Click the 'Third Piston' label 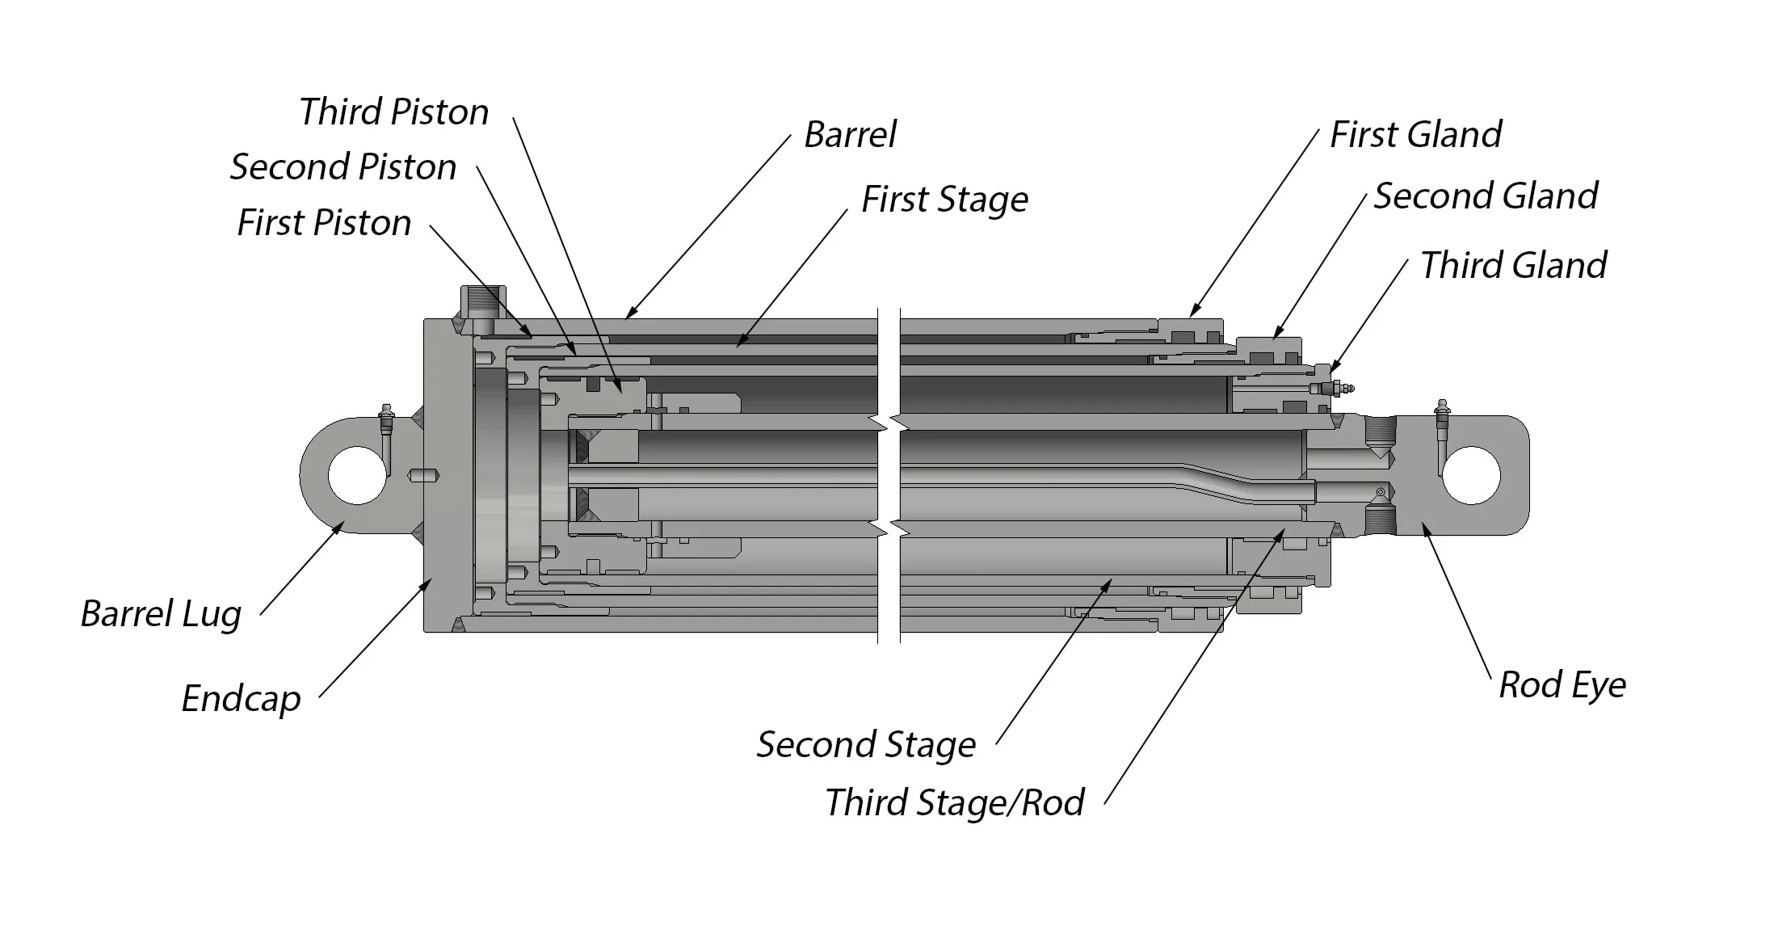click(x=393, y=112)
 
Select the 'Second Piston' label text click(x=343, y=167)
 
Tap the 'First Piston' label click(x=324, y=223)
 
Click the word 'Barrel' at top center click(x=850, y=135)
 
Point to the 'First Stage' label click(x=944, y=200)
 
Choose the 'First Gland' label click(x=1415, y=135)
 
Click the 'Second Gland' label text click(x=1485, y=196)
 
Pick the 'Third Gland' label click(x=1513, y=266)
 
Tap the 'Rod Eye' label click(x=1562, y=685)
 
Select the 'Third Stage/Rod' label click(x=954, y=803)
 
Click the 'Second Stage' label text click(x=865, y=745)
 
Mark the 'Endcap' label click(x=241, y=699)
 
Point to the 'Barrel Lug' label click(x=161, y=614)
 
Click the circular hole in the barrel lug click(x=357, y=475)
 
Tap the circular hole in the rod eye click(x=1470, y=475)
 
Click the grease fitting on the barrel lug click(x=386, y=417)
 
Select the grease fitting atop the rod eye click(x=1442, y=412)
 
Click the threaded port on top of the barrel click(x=483, y=304)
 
